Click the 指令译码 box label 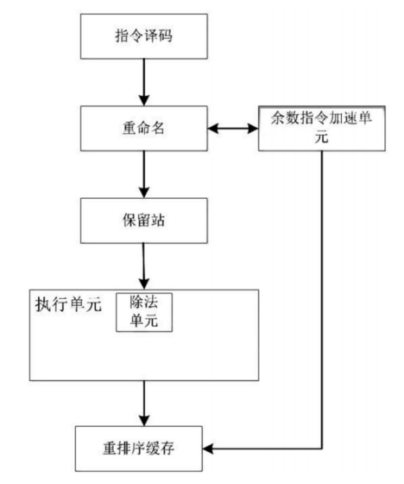tap(143, 35)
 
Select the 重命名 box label tap(143, 128)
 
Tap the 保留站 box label tap(143, 220)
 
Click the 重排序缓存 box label tap(138, 449)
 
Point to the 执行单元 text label tap(68, 304)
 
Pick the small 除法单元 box tap(144, 312)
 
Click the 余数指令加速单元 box tap(322, 128)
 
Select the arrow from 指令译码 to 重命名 tap(144, 82)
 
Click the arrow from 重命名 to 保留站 tap(144, 175)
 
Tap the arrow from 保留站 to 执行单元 tap(143, 266)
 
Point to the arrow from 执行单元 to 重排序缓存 tap(144, 403)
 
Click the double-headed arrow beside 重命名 tap(233, 128)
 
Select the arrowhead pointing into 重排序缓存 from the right tap(207, 449)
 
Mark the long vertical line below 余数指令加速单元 tap(322, 299)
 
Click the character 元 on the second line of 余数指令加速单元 tap(322, 137)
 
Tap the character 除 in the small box tap(136, 302)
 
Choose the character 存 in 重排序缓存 tap(167, 449)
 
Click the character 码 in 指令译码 tap(166, 35)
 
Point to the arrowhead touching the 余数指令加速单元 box tap(253, 128)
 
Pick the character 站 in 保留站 tap(158, 220)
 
